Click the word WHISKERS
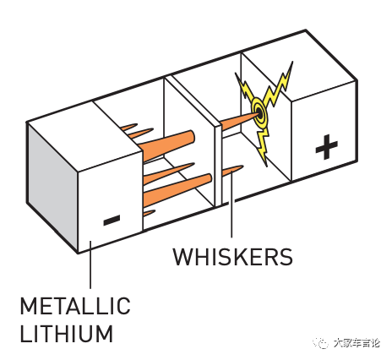232,257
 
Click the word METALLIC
75,306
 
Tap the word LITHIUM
67,333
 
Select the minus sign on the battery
112,220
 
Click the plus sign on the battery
326,147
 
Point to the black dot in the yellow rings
259,114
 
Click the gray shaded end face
52,187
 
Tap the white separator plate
218,165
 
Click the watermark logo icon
322,342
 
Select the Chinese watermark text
357,343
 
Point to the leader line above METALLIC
90,265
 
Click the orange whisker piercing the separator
239,120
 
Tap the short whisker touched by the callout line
231,171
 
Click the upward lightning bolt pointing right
279,85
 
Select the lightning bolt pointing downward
264,146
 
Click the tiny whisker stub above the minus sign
149,213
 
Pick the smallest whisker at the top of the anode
129,127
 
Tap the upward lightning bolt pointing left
245,89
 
